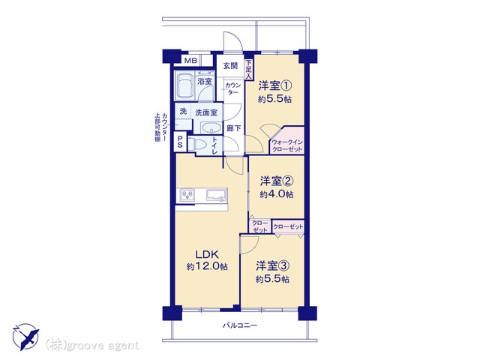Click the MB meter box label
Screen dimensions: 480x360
click(x=190, y=61)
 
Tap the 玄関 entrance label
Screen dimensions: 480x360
click(x=230, y=66)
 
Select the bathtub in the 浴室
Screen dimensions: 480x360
click(x=185, y=85)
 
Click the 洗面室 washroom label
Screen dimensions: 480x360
click(x=206, y=112)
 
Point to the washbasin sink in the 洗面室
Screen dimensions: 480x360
click(x=211, y=127)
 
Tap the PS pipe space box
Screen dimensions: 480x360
click(x=180, y=142)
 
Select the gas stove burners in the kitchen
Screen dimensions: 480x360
click(x=187, y=195)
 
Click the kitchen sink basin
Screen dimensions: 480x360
click(x=217, y=195)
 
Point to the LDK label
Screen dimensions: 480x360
click(x=207, y=254)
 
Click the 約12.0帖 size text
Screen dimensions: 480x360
click(x=207, y=267)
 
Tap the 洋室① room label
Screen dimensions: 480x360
click(x=275, y=85)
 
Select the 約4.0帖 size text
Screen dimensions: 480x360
click(x=277, y=194)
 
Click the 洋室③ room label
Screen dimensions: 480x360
click(x=272, y=266)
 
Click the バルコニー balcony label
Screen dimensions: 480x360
click(x=240, y=325)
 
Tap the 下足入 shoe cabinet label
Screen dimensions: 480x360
click(x=248, y=69)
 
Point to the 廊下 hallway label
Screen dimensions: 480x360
click(x=233, y=128)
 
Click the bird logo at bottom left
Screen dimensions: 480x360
click(x=25, y=337)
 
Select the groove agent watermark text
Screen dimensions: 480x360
click(x=92, y=346)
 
